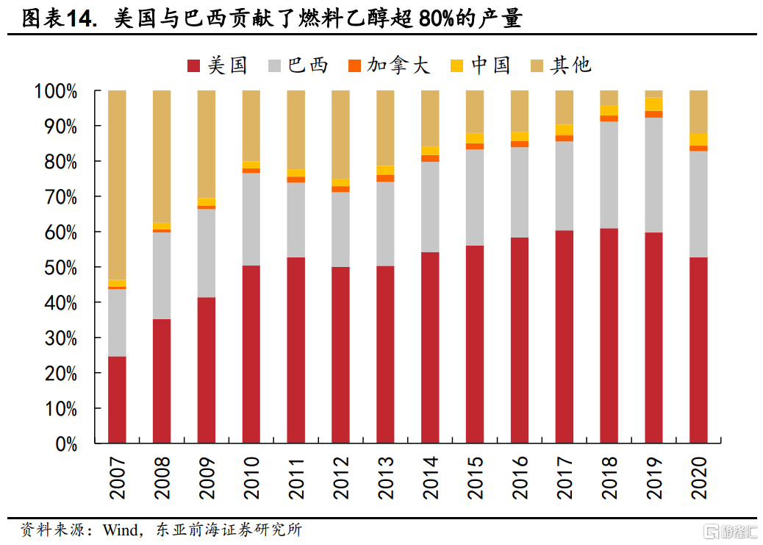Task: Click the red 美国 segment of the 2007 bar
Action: (x=117, y=399)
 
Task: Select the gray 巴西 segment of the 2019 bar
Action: (x=653, y=175)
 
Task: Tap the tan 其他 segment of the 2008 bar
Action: (x=162, y=156)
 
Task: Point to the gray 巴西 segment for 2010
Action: (x=251, y=219)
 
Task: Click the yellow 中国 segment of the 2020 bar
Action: (x=698, y=139)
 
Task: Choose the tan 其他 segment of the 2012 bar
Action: (x=340, y=134)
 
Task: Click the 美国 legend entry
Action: (x=218, y=65)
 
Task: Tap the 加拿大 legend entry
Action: (x=388, y=65)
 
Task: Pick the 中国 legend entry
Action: (x=480, y=65)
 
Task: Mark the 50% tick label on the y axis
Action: (x=60, y=268)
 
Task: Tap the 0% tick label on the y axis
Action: (x=65, y=444)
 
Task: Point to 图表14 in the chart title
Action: (x=60, y=20)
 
